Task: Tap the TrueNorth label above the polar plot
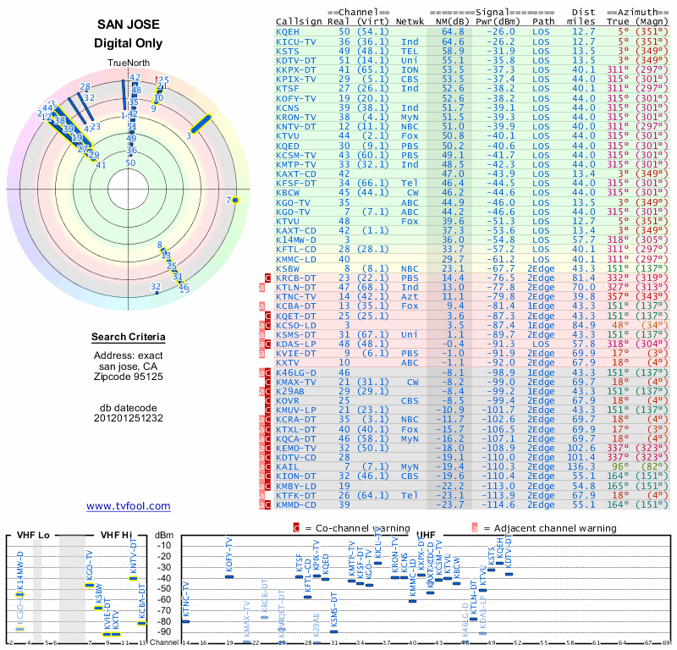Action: [128, 63]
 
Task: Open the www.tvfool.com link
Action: [129, 506]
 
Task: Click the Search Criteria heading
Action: [129, 338]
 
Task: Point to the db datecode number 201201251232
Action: [129, 417]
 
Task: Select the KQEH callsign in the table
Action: [289, 30]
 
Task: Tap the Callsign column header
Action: [300, 21]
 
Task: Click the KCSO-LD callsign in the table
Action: [294, 324]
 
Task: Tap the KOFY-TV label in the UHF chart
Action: [228, 555]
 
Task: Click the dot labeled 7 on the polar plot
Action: [236, 200]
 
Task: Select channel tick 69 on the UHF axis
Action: [667, 643]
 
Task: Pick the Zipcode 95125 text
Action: [129, 375]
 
